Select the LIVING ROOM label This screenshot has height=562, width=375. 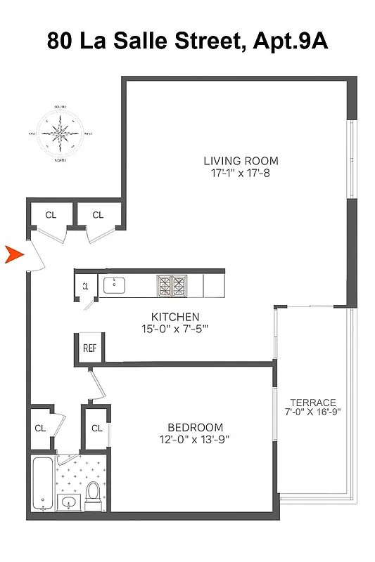241,160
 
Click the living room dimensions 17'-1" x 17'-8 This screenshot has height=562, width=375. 241,173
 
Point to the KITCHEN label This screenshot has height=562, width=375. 175,317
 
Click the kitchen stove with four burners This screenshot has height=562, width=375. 172,285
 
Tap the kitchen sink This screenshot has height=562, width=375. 114,285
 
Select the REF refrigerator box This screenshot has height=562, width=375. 89,347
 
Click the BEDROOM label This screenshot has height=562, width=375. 195,427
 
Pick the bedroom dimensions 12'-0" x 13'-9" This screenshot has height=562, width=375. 195,440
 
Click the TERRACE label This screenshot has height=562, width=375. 313,403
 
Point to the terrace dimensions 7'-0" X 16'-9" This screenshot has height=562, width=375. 313,412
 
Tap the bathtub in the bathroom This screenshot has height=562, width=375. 43,485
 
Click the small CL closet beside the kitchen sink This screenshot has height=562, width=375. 85,286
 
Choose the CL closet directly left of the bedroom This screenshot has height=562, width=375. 96,428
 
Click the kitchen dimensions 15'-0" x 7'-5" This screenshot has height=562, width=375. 175,329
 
